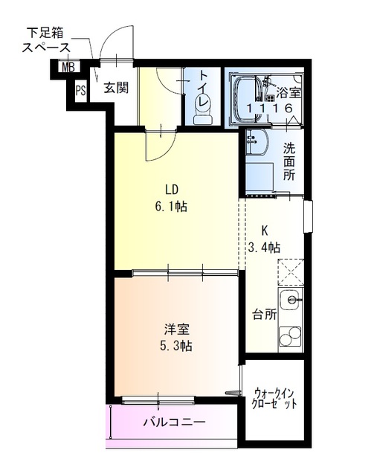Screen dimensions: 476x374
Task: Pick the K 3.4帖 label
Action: [x=264, y=239]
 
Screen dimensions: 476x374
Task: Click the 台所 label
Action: [x=264, y=314]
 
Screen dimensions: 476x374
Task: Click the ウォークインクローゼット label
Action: [x=275, y=398]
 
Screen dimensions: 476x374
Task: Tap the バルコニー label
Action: [x=174, y=422]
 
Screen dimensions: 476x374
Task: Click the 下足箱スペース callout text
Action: [x=46, y=39]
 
